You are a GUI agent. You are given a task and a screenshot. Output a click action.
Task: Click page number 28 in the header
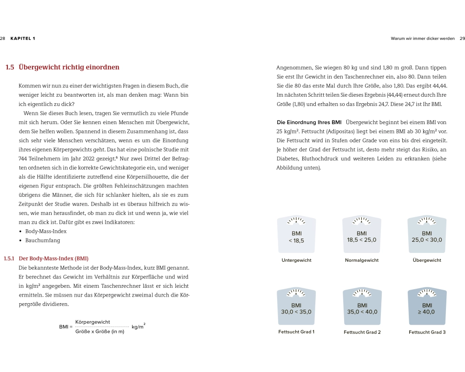click(3, 39)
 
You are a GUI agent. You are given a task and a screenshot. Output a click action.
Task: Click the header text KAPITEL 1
click(23, 39)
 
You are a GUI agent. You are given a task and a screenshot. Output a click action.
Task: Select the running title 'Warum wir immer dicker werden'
click(423, 39)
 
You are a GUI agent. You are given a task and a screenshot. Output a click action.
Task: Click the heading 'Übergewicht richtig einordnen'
click(69, 67)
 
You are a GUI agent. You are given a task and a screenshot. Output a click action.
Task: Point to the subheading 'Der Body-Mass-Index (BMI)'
click(53, 259)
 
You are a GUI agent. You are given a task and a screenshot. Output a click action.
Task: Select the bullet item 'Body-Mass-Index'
click(46, 231)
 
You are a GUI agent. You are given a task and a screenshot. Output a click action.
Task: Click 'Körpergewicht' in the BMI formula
click(93, 322)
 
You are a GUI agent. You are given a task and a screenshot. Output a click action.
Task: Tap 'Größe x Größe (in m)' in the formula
click(100, 332)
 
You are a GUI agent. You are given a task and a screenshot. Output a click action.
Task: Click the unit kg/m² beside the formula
click(138, 326)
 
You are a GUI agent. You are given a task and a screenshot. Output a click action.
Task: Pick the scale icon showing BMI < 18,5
click(296, 235)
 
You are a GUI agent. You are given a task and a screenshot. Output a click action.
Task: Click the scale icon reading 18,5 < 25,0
click(361, 235)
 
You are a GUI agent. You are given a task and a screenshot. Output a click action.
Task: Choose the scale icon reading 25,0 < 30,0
click(426, 235)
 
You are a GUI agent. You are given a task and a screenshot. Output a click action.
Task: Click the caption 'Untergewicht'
click(296, 260)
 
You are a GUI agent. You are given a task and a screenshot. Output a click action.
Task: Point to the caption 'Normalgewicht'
click(361, 260)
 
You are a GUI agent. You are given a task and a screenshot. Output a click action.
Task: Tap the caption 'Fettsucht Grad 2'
click(362, 332)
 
